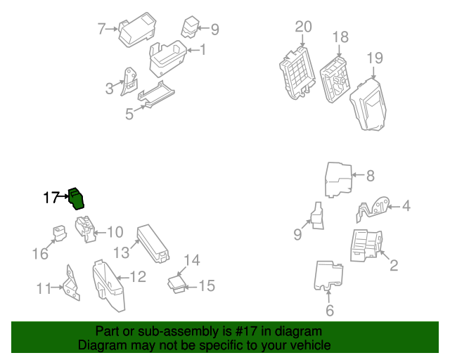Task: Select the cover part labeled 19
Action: pos(369,103)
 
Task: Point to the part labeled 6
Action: pos(326,276)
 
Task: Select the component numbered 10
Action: pos(86,229)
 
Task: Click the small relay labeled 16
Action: pos(58,232)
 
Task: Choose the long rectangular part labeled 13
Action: pos(153,243)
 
